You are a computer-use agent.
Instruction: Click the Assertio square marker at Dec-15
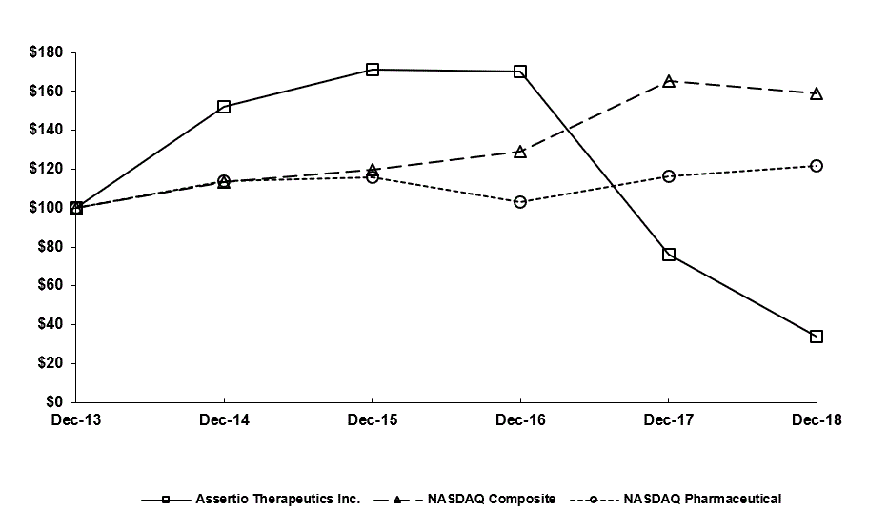tap(373, 70)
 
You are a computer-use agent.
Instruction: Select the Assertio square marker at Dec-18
tap(817, 337)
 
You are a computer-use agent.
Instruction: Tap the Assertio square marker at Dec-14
tap(224, 107)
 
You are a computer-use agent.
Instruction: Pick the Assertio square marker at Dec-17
tap(669, 255)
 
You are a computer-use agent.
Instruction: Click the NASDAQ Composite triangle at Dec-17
tap(669, 82)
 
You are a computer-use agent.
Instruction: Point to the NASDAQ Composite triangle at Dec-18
tap(817, 94)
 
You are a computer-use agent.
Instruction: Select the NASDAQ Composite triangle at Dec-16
tap(520, 152)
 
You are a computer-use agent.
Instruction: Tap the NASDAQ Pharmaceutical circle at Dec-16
tap(520, 202)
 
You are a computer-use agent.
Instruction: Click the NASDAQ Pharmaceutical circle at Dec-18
tap(817, 166)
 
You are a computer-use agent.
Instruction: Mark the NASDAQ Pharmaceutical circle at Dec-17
tap(669, 176)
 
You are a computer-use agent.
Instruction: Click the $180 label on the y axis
tap(47, 52)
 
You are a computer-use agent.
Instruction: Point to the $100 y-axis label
tap(47, 208)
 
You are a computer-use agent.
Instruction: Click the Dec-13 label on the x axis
tap(76, 420)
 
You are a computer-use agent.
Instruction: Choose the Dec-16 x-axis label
tap(520, 420)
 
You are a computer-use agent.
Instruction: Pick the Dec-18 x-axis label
tap(817, 420)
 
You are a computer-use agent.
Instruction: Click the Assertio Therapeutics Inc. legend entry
tap(276, 499)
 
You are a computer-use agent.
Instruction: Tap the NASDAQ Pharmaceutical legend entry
tap(701, 499)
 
